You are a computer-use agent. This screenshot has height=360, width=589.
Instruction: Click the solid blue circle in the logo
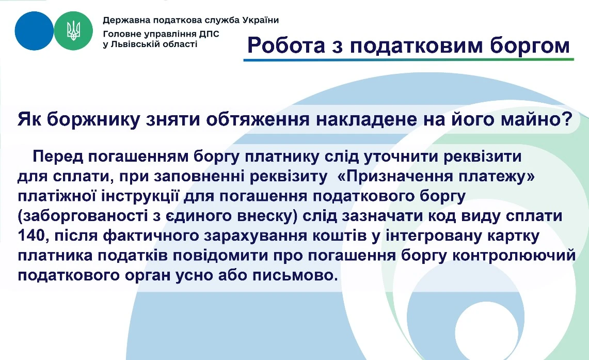point(34,30)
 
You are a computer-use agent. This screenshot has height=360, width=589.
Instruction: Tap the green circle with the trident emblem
point(73,30)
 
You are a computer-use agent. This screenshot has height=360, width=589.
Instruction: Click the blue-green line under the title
point(408,59)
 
